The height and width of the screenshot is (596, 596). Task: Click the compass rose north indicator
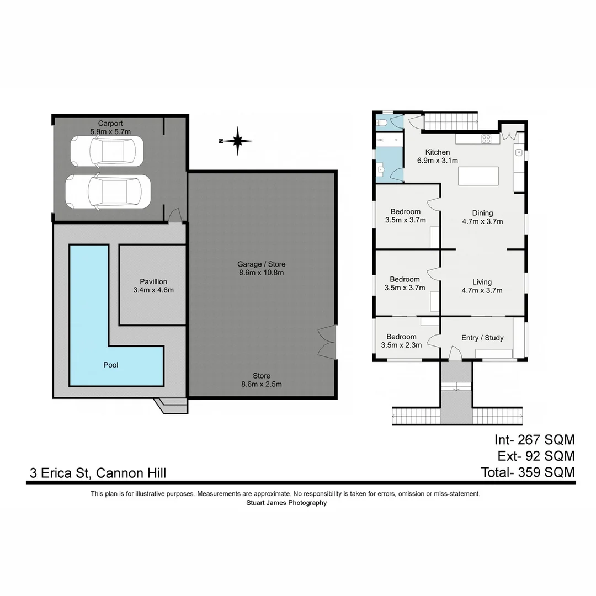coord(237,141)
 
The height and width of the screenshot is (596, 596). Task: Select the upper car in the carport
coord(107,151)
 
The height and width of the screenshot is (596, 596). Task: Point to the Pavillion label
coord(153,281)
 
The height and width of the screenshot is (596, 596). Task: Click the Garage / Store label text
coord(262,264)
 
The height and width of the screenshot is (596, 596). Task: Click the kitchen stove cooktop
coord(486,139)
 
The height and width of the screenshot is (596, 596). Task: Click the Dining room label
coord(482,213)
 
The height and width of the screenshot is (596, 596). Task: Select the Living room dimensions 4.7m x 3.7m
coord(482,290)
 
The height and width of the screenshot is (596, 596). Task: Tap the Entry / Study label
coord(482,338)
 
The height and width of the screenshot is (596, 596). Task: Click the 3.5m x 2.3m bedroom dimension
coord(401,345)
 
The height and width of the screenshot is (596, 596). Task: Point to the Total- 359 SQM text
coord(528,472)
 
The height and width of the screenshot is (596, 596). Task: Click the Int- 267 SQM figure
coord(534,440)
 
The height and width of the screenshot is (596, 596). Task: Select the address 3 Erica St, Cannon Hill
coord(98,473)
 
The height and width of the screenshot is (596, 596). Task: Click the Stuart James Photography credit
coord(286,503)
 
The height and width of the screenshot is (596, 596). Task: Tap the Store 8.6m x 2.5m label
coord(262,380)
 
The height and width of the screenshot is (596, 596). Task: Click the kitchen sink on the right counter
coord(519,152)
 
